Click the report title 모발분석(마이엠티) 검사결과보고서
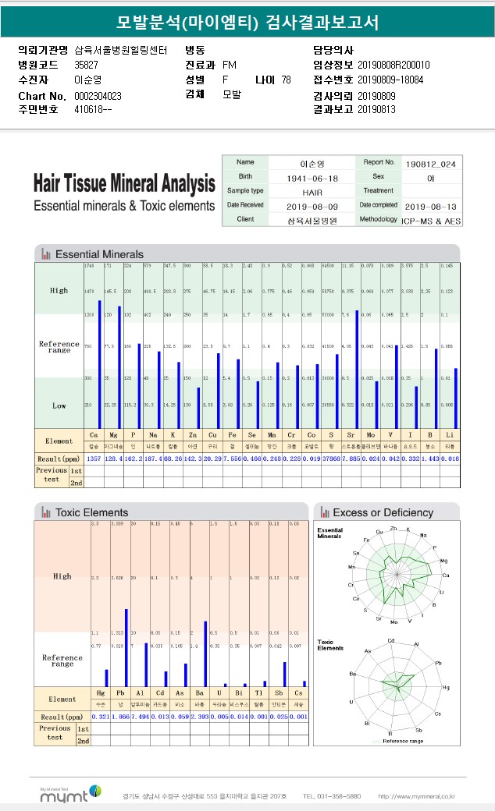point(247,21)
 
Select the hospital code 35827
point(86,65)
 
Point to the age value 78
point(286,80)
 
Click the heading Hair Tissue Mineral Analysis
point(124,185)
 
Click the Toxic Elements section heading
point(91,512)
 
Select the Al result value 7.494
point(140,716)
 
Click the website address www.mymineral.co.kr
point(416,796)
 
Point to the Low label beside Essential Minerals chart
point(59,405)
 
